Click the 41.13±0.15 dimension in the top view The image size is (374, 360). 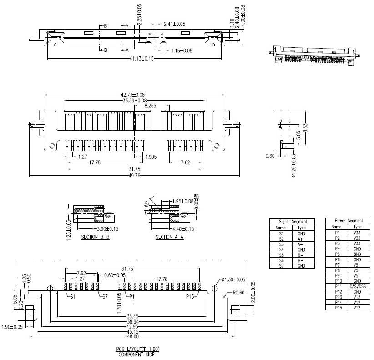135,59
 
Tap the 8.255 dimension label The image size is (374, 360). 151,106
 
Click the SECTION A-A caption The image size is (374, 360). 170,237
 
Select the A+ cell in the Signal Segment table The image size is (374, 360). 301,238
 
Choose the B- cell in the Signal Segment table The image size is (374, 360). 301,255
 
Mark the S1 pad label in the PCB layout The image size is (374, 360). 73,296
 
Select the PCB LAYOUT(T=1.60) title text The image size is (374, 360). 137,349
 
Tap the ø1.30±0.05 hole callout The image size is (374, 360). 234,279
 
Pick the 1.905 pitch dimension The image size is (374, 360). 151,157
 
